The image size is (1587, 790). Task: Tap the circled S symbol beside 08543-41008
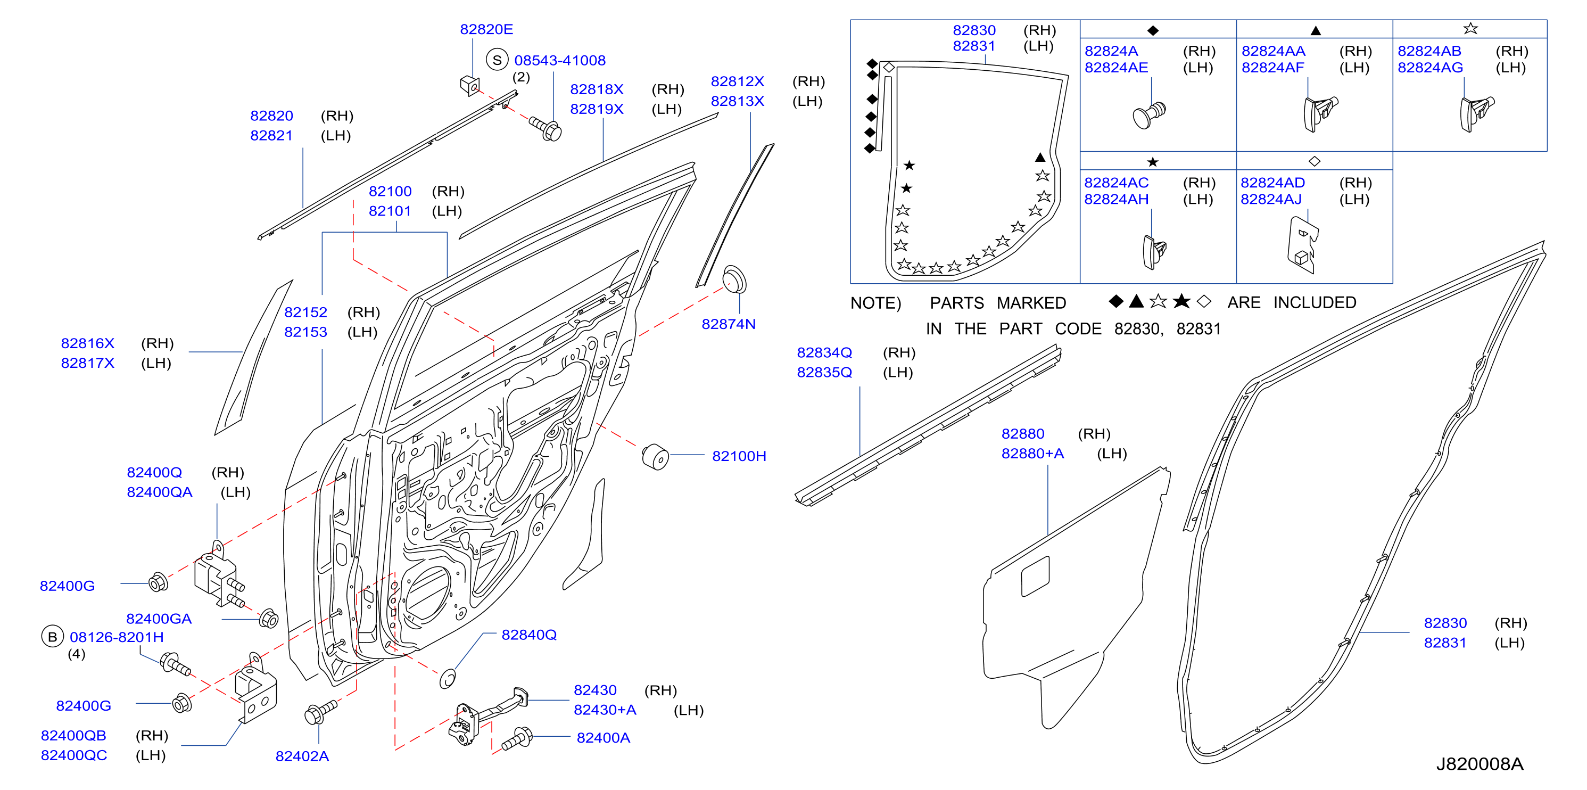click(x=497, y=60)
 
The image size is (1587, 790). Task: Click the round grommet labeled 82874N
click(x=734, y=280)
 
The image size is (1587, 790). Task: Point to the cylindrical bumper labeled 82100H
click(x=656, y=457)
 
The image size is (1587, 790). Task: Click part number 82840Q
click(x=528, y=635)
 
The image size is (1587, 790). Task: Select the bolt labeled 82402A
click(x=320, y=712)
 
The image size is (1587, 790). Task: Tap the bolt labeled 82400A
click(x=516, y=738)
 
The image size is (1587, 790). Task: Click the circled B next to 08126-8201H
click(x=52, y=637)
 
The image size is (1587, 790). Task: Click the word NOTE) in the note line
click(x=875, y=303)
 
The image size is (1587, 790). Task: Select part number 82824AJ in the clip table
click(x=1271, y=199)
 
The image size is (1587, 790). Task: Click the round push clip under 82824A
click(x=1149, y=114)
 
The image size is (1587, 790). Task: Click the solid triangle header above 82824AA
click(x=1315, y=30)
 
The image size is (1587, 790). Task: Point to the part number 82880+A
click(x=1032, y=454)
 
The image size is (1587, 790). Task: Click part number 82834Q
click(x=824, y=352)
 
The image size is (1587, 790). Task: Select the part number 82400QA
click(x=160, y=492)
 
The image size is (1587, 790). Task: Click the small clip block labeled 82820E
click(x=469, y=86)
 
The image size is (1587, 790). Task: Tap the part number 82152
click(x=305, y=312)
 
